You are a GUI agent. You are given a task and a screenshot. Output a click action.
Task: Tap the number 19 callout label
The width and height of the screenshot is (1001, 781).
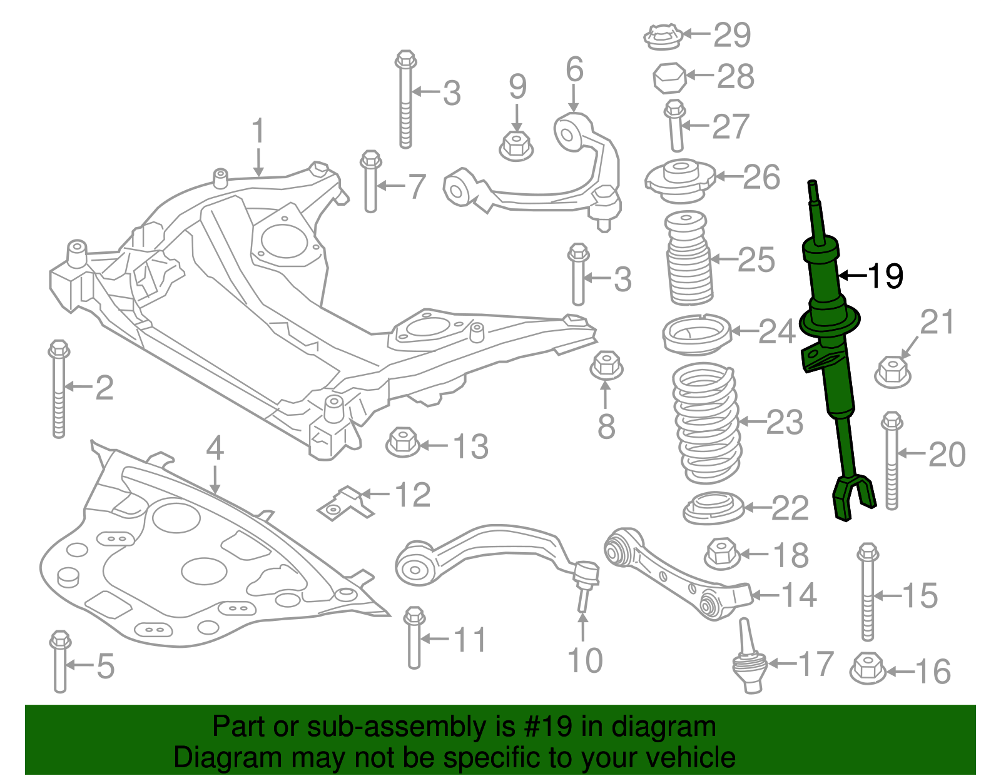885,276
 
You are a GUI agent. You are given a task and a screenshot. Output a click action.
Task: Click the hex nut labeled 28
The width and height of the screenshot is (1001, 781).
669,78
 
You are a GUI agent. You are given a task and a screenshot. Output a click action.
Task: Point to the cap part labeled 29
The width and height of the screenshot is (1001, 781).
663,37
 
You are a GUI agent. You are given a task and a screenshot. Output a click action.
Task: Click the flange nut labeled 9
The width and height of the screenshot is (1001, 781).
516,146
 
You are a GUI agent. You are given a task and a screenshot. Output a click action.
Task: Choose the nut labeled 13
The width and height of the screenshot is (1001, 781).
403,442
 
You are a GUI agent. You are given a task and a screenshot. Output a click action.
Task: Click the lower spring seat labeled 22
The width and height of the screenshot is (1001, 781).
713,508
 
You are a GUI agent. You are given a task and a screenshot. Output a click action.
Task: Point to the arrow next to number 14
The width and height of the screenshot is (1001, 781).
765,595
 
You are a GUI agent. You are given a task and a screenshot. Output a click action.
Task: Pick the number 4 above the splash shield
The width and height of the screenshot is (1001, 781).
215,448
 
